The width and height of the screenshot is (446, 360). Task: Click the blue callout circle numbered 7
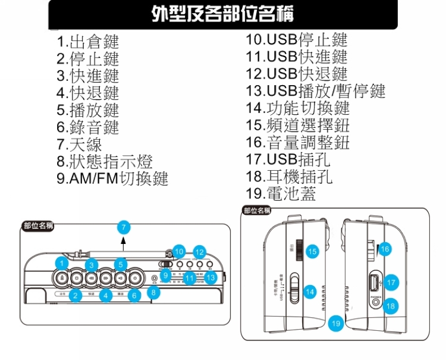click(123, 227)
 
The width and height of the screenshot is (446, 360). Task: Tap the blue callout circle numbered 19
click(336, 323)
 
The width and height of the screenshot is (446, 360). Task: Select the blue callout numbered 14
click(309, 292)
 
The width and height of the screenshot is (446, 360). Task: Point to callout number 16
click(385, 249)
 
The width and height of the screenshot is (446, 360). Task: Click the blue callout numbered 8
click(153, 292)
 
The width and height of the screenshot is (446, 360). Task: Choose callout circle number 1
click(62, 263)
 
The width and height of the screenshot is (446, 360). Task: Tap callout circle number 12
click(199, 252)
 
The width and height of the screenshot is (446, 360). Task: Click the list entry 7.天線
click(79, 145)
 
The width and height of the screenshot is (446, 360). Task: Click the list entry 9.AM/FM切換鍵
click(112, 179)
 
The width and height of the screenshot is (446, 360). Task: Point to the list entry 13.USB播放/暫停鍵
click(315, 91)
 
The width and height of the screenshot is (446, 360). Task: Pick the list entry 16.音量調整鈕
click(297, 142)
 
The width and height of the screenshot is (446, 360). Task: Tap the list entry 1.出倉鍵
click(87, 42)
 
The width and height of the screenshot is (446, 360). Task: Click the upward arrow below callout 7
click(123, 240)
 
